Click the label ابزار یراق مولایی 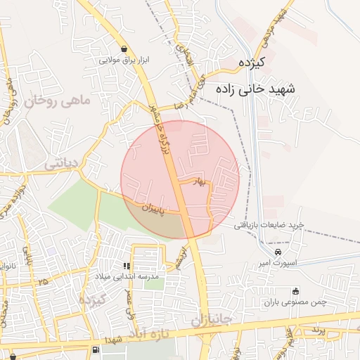click(x=125, y=61)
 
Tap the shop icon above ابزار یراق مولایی click(x=125, y=49)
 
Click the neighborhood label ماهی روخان click(x=58, y=101)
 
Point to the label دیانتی click(x=63, y=163)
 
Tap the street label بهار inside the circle click(x=202, y=181)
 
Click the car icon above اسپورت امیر click(x=278, y=252)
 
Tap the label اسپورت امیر click(x=278, y=264)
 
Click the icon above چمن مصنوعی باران click(x=295, y=292)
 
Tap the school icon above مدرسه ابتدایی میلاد click(x=127, y=266)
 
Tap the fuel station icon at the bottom click(x=95, y=349)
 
